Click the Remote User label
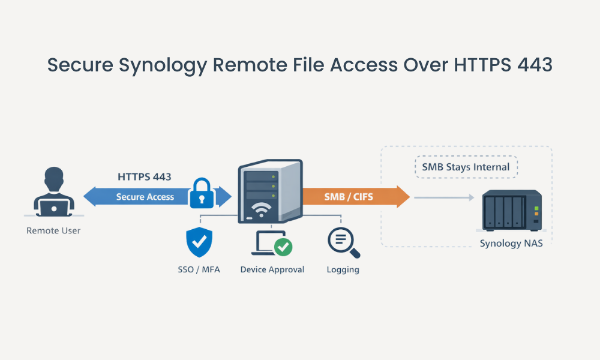(53, 230)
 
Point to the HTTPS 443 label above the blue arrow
(144, 177)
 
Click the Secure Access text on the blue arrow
(145, 197)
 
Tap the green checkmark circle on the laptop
(283, 247)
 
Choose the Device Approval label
(272, 269)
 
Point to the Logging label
(343, 269)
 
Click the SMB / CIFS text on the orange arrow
(349, 197)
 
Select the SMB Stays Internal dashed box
(466, 167)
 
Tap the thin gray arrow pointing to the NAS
(442, 197)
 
